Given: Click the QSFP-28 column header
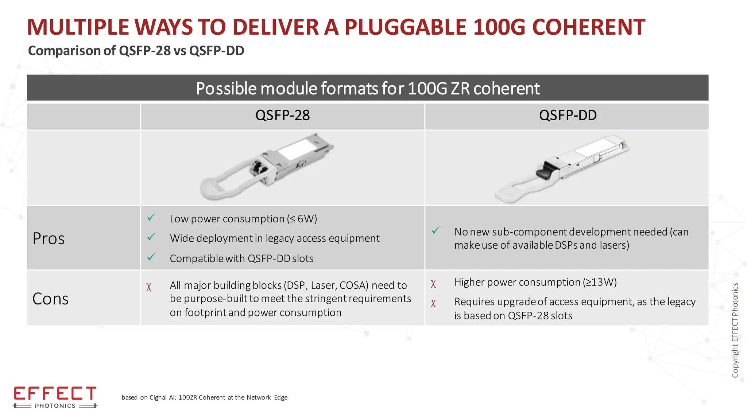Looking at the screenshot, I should [282, 116].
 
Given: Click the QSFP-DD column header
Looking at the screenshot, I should [568, 116].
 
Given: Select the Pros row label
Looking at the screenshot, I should [49, 239].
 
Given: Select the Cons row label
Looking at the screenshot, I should [50, 299].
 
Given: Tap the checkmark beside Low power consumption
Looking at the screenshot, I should [151, 218].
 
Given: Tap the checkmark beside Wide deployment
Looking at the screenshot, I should [151, 237].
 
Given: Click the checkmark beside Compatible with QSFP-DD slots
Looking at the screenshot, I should [151, 257].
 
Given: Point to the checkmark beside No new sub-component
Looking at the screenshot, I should [436, 230].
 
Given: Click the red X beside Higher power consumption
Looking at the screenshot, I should [433, 284].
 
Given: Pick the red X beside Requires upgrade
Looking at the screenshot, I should [433, 303].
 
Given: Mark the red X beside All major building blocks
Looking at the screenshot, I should [149, 287].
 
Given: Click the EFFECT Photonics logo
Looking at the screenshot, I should [55, 397].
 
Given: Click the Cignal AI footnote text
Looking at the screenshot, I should [204, 397].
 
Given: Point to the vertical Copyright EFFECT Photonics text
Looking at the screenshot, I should [735, 330].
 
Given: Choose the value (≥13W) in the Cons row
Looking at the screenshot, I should [599, 282].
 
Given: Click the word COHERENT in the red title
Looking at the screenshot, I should [588, 27].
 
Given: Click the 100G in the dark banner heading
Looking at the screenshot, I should [427, 89].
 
